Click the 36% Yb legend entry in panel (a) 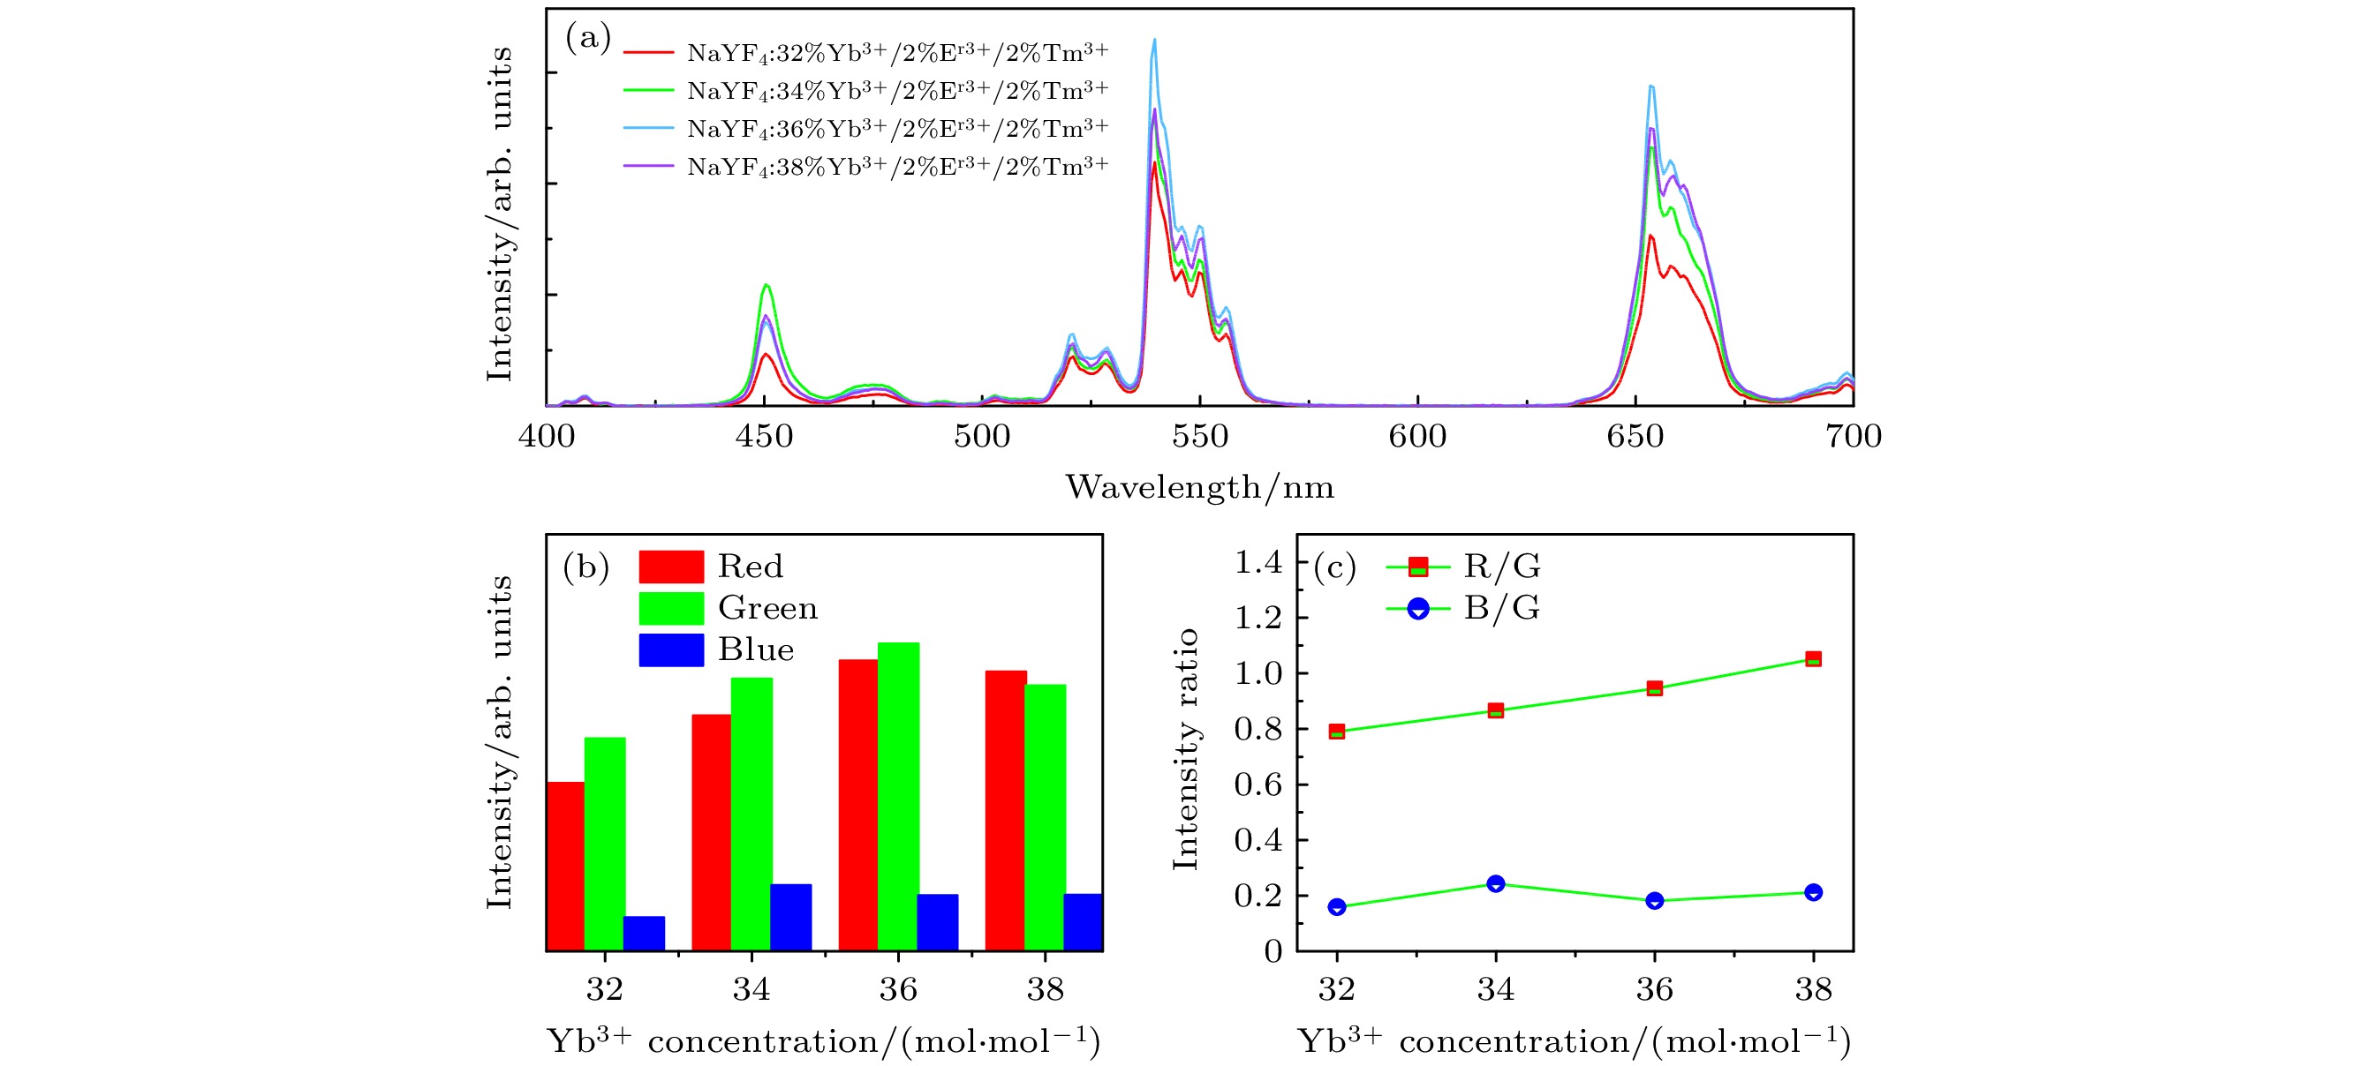896,129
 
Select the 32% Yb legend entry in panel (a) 896,53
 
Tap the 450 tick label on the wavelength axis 764,436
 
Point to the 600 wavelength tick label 1417,436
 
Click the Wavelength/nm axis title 1199,487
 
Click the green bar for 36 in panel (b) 897,795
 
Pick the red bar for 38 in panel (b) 1005,809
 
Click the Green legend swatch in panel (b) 671,607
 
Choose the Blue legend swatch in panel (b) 671,649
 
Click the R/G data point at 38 1812,658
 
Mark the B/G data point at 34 1495,883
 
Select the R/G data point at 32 1336,732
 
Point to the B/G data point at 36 1654,900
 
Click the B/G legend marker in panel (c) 1418,608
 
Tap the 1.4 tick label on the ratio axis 1258,561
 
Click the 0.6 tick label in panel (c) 1258,784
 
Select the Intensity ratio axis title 1186,748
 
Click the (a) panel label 587,38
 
